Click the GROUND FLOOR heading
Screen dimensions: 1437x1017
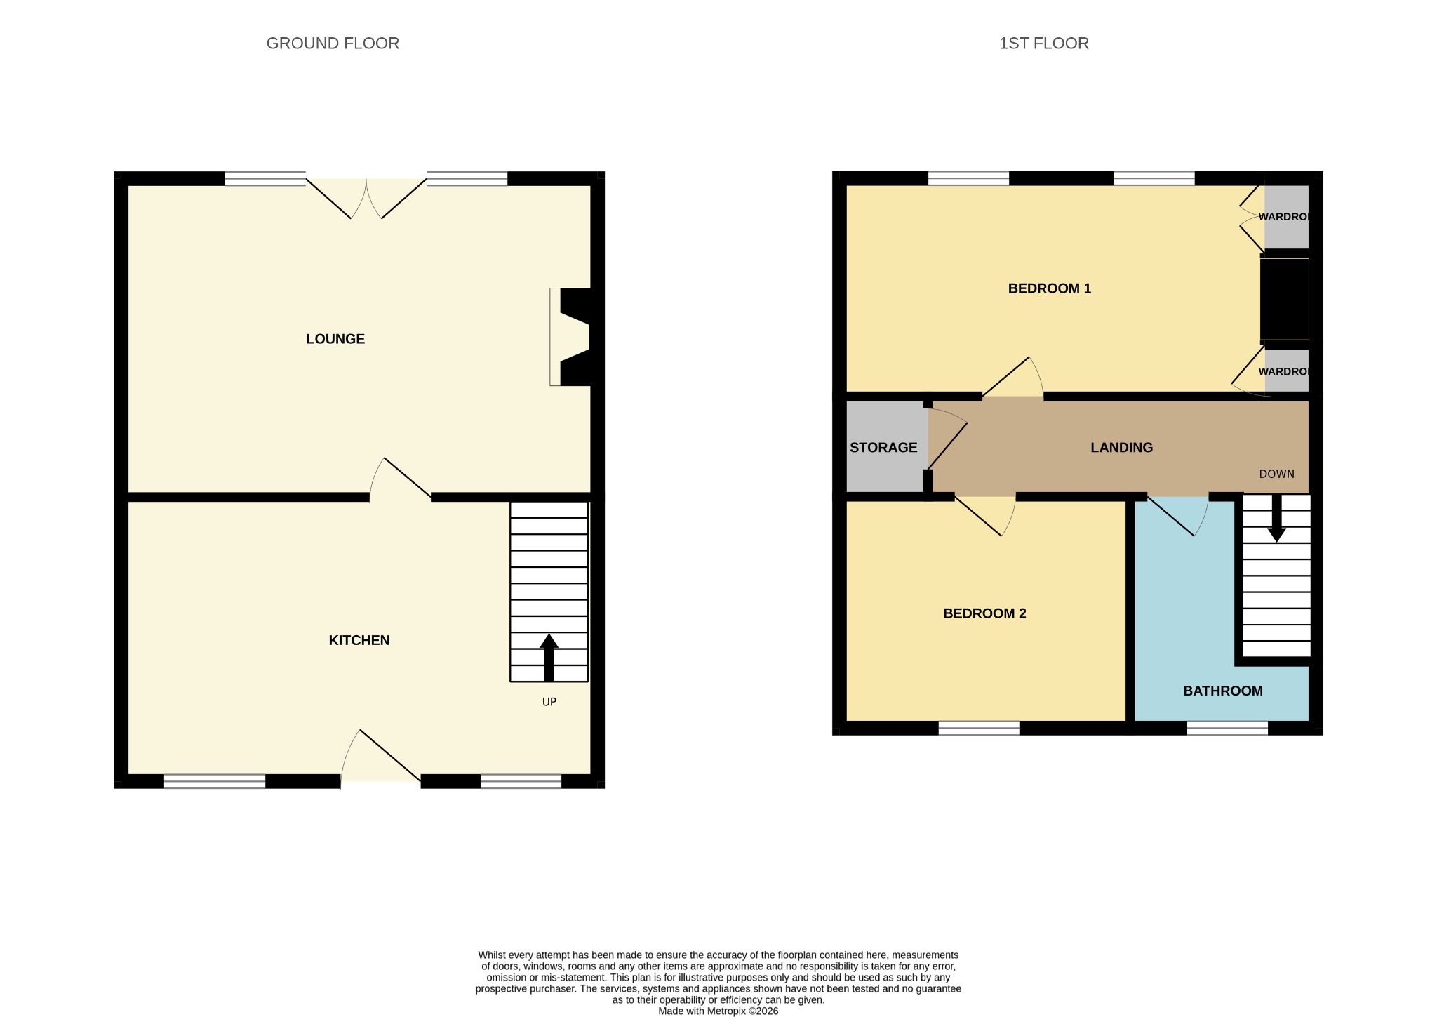333,44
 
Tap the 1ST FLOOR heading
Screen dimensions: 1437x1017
1043,44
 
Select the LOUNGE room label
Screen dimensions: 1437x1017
335,339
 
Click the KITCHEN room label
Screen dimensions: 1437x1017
359,640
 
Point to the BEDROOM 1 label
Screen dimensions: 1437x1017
1049,288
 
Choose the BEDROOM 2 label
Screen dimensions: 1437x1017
984,613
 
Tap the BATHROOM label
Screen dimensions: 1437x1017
1223,691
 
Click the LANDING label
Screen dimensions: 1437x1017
1121,447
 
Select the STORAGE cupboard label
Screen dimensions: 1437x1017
883,447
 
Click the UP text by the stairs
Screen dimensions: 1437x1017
549,702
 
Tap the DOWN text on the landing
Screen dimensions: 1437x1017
1276,474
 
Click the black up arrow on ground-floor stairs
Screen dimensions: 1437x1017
549,658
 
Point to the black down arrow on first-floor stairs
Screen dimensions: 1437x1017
1276,518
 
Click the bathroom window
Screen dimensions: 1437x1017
1227,728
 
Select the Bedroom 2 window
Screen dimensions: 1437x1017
979,728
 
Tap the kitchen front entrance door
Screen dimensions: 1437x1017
380,757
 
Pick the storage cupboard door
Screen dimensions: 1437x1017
947,439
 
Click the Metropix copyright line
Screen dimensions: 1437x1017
718,1011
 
